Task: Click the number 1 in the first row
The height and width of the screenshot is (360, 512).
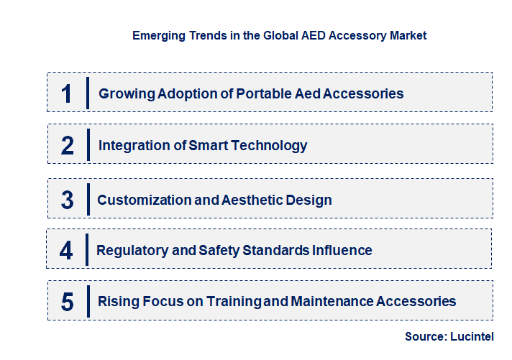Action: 67,93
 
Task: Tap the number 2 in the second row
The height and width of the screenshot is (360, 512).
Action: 68,146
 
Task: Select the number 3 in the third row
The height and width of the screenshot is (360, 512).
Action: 68,200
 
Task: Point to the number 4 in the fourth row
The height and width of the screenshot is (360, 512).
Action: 67,251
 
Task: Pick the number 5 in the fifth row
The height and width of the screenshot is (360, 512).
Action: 68,302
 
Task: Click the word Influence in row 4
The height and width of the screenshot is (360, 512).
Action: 342,251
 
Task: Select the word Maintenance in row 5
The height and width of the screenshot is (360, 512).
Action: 332,302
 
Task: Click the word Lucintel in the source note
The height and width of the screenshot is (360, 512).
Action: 473,336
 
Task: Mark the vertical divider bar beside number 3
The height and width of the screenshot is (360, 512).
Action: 88,199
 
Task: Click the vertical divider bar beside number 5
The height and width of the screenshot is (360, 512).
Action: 88,301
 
